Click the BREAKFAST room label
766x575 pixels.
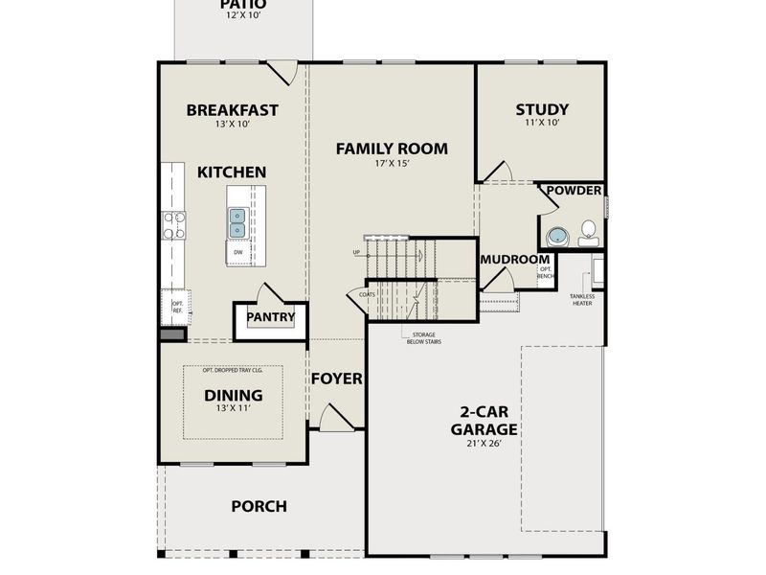232,110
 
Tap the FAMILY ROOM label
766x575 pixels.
392,149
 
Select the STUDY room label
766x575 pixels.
541,109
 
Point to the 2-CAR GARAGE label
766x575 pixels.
484,423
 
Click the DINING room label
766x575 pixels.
233,395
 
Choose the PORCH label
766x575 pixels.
259,506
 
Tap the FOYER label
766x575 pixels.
336,379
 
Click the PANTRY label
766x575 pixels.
271,317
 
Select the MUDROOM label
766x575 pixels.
514,260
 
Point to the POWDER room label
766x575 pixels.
574,192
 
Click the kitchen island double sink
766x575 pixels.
237,223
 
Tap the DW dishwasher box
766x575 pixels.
237,253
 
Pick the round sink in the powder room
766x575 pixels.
555,237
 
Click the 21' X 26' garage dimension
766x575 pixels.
484,445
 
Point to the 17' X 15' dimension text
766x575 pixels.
392,164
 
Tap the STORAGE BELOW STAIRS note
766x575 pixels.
420,337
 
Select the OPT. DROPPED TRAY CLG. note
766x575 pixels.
233,371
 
